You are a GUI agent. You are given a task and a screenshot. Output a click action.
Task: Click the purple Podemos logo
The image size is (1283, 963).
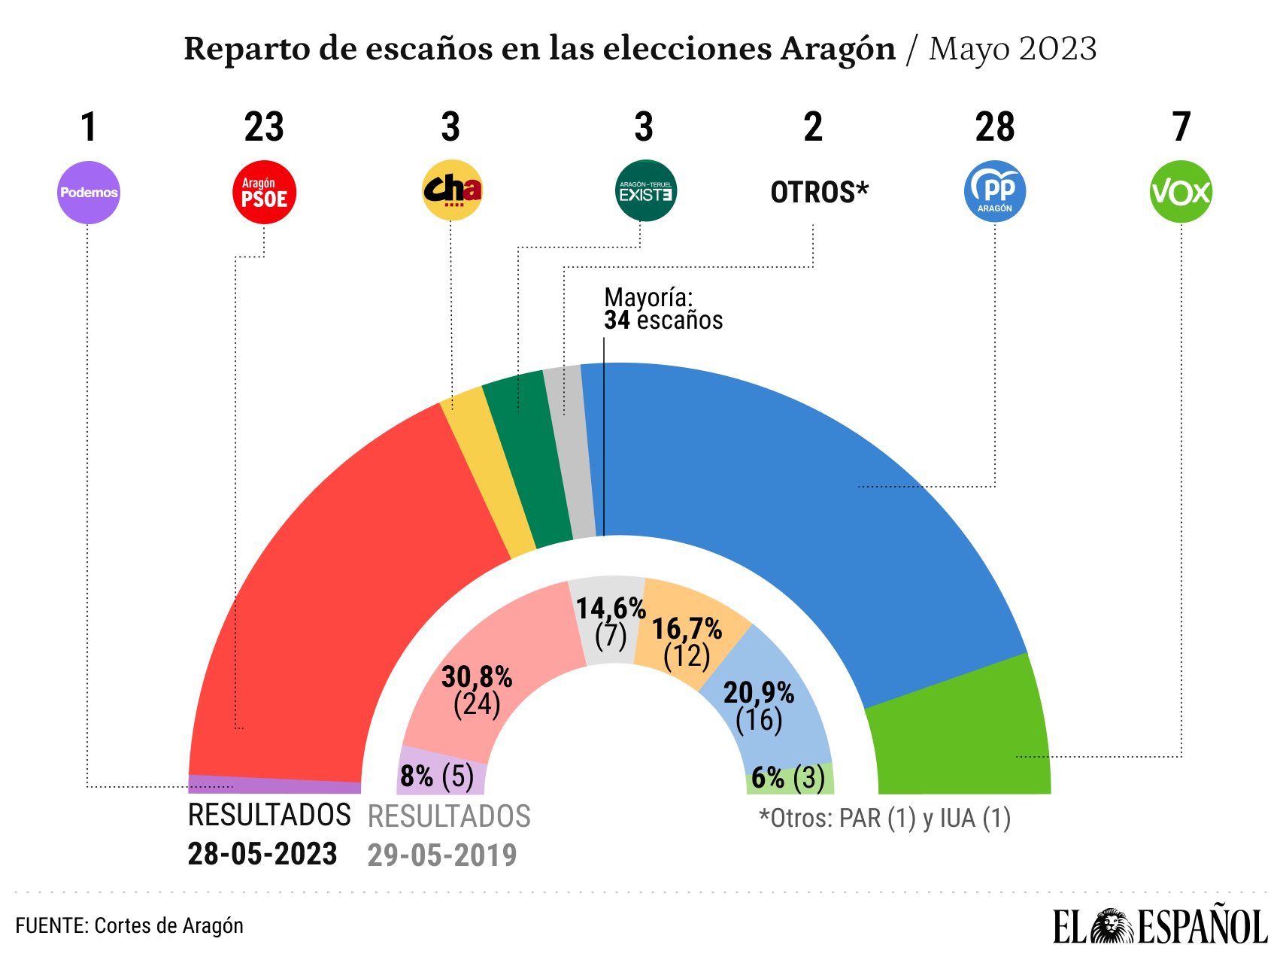click(x=89, y=193)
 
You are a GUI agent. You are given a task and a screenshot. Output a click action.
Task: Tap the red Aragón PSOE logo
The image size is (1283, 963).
click(x=265, y=193)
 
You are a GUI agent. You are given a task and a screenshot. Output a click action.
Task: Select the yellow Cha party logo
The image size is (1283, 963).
click(x=451, y=190)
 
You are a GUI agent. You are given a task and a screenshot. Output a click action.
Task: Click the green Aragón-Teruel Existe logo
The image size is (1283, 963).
click(x=645, y=191)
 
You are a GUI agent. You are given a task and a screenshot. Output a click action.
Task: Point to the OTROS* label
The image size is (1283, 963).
click(x=819, y=193)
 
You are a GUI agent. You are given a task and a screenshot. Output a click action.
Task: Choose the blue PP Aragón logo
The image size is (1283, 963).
click(x=995, y=191)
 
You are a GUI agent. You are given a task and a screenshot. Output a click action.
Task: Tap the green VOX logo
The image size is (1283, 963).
click(x=1181, y=192)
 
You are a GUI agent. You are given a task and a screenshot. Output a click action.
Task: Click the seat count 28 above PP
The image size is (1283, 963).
click(x=994, y=127)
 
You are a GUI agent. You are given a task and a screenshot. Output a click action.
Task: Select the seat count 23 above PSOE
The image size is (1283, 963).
click(x=264, y=127)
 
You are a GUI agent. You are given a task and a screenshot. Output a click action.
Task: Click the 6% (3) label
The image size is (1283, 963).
click(x=788, y=777)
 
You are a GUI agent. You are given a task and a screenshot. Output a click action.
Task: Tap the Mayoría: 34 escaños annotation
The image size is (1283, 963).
click(x=663, y=309)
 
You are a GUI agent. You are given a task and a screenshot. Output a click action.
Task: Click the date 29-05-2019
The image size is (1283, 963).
click(x=441, y=855)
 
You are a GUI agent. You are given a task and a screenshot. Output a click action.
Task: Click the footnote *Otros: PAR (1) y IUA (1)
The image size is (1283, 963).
click(x=884, y=818)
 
